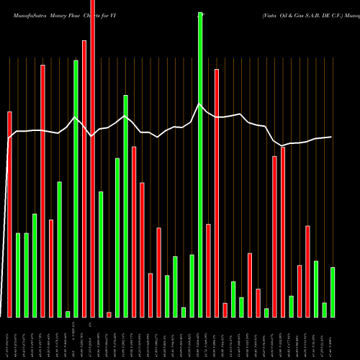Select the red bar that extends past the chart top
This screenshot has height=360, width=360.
pos(92,158)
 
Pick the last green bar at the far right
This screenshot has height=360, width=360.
pos(333,292)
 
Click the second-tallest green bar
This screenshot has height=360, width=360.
pos(76,188)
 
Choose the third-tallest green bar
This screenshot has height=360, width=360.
pos(125,205)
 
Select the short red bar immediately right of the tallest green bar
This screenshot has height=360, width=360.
pos(208,270)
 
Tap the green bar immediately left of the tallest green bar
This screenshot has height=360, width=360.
pos(192,286)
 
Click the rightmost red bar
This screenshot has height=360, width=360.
pos(308,271)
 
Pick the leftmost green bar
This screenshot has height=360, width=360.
pos(18,274)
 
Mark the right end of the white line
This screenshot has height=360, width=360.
pos(332,137)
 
